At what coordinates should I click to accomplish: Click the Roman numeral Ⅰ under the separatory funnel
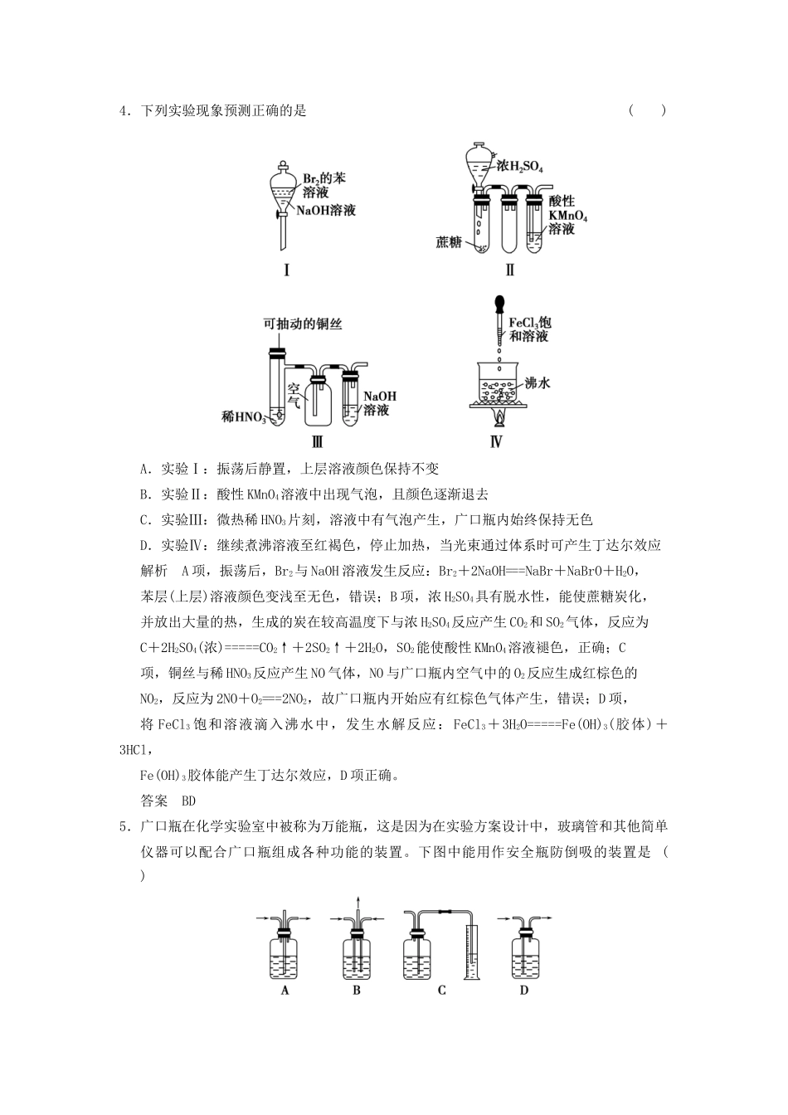287,270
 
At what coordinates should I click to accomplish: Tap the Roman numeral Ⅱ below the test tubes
510,270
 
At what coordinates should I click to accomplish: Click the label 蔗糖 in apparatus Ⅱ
449,242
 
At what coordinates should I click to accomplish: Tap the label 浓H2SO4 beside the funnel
520,167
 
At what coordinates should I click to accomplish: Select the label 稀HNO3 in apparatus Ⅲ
243,415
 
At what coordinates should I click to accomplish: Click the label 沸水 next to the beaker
537,384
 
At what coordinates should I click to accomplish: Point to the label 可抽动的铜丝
303,325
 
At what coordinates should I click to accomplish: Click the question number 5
123,825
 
